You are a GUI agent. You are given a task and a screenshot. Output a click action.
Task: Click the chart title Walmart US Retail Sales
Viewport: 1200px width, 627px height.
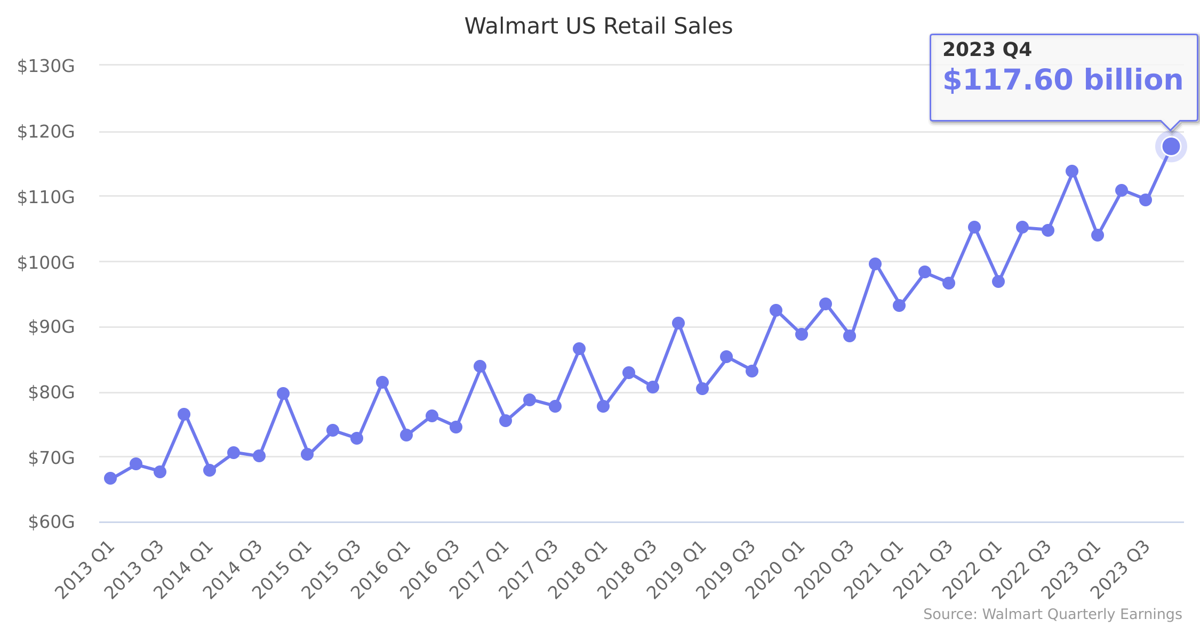pyautogui.click(x=598, y=26)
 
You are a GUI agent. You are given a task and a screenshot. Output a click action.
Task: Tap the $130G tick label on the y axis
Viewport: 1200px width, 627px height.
pyautogui.click(x=46, y=66)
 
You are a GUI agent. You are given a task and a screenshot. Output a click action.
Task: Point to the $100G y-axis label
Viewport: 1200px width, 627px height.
pyautogui.click(x=46, y=262)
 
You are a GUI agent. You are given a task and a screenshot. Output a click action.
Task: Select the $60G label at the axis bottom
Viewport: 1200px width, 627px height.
pyautogui.click(x=51, y=521)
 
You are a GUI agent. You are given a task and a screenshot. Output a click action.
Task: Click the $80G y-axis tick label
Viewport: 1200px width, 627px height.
pyautogui.click(x=51, y=392)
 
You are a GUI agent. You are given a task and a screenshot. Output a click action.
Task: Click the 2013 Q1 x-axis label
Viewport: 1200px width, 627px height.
pyautogui.click(x=85, y=570)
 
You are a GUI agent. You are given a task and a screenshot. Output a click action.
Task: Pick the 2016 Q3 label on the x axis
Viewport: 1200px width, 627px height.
pyautogui.click(x=430, y=570)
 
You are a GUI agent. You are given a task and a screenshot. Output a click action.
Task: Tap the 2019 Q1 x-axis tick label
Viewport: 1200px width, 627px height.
pyautogui.click(x=677, y=570)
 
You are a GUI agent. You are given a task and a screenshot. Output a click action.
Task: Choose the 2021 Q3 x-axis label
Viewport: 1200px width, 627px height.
pyautogui.click(x=923, y=570)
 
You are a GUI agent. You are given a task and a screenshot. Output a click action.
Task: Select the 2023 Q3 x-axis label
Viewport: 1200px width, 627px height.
pyautogui.click(x=1120, y=570)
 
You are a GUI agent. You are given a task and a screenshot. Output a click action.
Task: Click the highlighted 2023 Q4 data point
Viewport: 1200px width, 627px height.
pyautogui.click(x=1171, y=146)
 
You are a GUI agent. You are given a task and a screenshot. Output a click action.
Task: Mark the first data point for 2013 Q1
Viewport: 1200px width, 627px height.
pyautogui.click(x=110, y=478)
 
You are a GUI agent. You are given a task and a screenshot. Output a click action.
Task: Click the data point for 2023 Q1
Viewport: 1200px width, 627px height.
pyautogui.click(x=1097, y=235)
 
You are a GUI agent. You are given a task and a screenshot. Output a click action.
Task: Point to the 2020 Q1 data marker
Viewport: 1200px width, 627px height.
pyautogui.click(x=801, y=334)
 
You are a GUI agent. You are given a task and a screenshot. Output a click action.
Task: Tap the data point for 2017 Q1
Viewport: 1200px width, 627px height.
pyautogui.click(x=506, y=421)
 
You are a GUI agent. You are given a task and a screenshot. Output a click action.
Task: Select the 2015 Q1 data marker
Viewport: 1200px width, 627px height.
pyautogui.click(x=307, y=454)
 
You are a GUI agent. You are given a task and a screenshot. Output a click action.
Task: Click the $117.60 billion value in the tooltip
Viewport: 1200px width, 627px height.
pyautogui.click(x=1062, y=80)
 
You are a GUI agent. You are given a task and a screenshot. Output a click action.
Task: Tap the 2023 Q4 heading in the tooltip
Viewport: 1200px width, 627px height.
pyautogui.click(x=987, y=50)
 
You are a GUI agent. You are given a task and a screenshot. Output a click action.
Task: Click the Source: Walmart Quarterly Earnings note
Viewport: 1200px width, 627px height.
pyautogui.click(x=1052, y=614)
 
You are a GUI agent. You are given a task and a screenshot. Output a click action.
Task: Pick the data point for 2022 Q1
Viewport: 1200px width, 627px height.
pyautogui.click(x=998, y=282)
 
